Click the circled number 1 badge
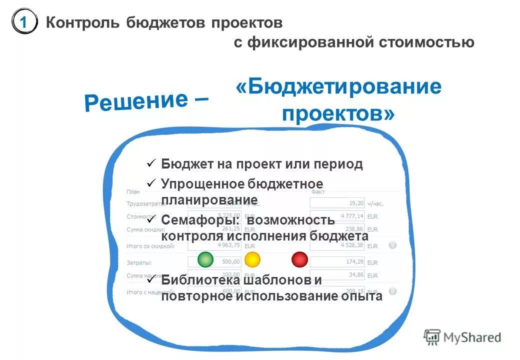(x=24, y=22)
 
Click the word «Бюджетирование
(x=338, y=87)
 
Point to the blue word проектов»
(x=338, y=113)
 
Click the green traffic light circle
(x=205, y=259)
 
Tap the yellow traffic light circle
(x=252, y=259)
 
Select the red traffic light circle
(x=299, y=259)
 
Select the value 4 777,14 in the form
(x=352, y=216)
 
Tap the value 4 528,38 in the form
(x=352, y=245)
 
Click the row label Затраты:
(x=139, y=262)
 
